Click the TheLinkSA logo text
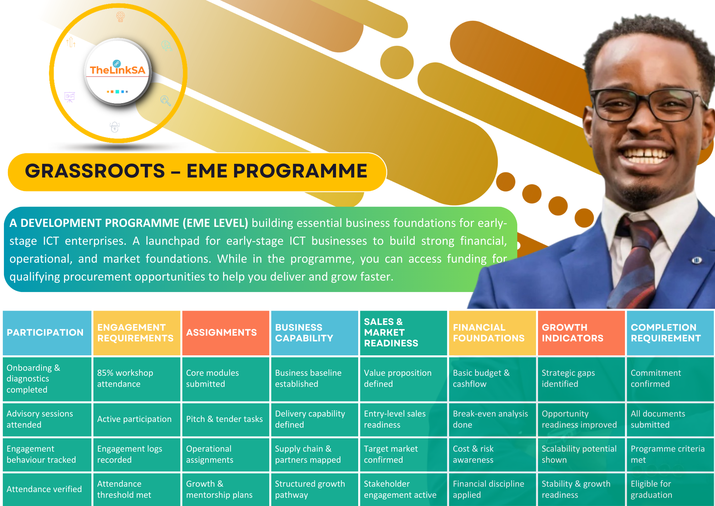pos(118,70)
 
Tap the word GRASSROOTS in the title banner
pos(95,171)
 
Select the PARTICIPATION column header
pos(47,333)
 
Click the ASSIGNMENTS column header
pos(226,333)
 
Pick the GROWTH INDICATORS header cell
pos(581,333)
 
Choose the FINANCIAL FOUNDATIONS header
pos(492,333)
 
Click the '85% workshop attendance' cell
pos(137,379)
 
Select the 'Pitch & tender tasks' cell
pos(226,419)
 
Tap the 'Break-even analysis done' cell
pos(492,419)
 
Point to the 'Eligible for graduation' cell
pos(670,490)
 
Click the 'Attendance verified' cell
pos(47,490)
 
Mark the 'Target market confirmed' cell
pos(403,454)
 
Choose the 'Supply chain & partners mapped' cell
pos(315,454)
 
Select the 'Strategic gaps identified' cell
pos(581,379)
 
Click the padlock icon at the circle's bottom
pos(114,127)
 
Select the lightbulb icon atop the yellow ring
pos(120,16)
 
